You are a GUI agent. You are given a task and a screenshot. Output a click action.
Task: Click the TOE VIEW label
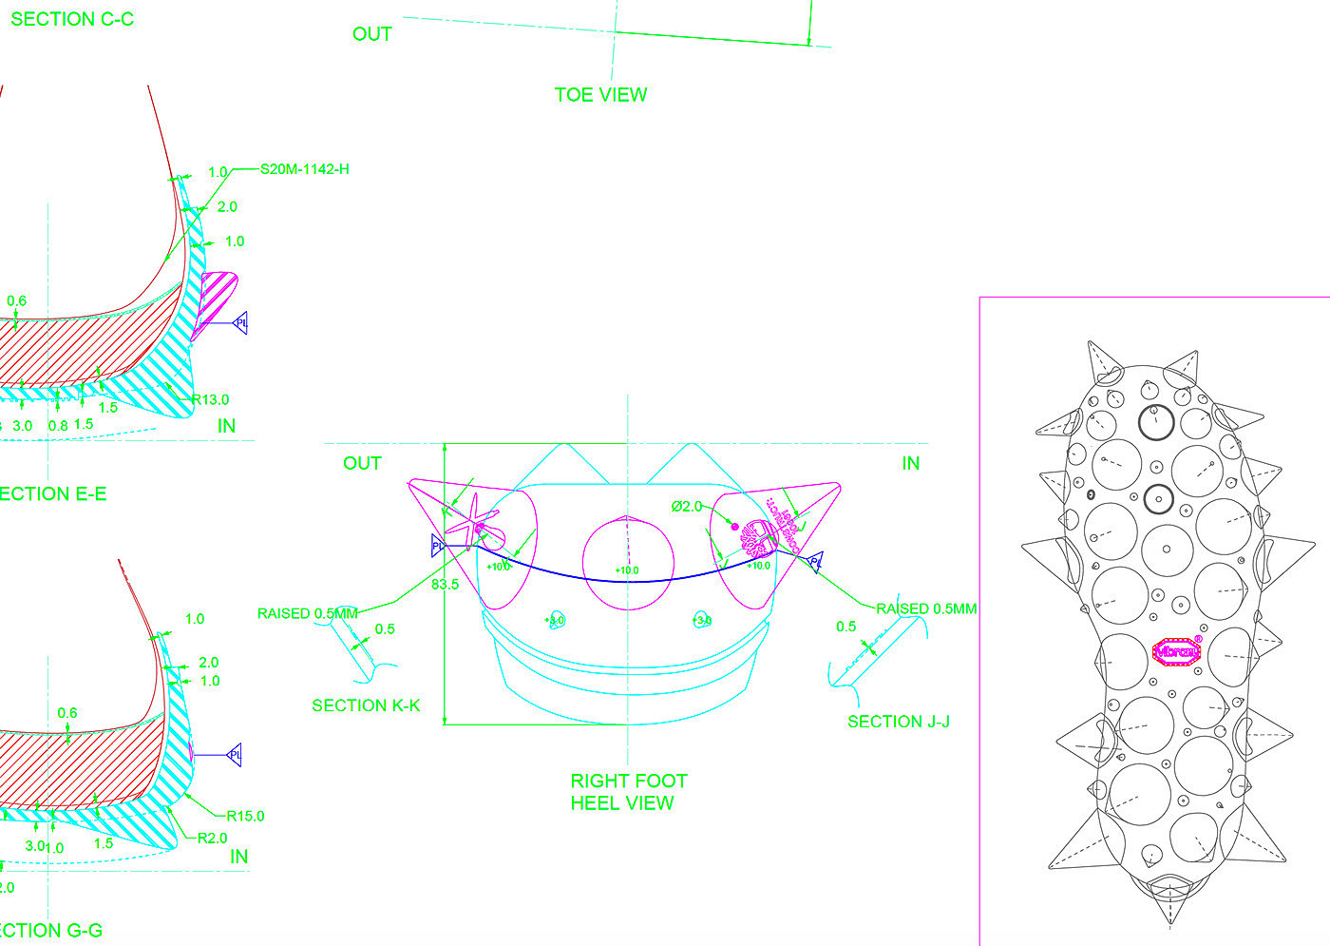pos(600,95)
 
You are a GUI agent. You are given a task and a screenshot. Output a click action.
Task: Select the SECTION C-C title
pos(71,19)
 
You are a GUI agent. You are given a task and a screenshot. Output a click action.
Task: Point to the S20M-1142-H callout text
pos(304,169)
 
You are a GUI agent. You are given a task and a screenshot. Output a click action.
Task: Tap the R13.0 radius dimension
pos(210,399)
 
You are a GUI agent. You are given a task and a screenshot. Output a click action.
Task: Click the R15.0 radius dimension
pos(245,816)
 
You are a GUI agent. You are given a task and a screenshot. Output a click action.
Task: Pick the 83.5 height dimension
pos(445,585)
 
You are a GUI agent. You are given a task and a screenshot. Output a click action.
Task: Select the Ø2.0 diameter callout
pos(686,507)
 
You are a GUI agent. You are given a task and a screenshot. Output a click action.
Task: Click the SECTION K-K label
pos(366,705)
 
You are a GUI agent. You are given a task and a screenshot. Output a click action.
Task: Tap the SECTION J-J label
pos(898,722)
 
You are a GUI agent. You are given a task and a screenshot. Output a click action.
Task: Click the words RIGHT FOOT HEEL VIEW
pos(627,792)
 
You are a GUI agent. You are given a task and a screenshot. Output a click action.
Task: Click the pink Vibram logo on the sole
pos(1177,651)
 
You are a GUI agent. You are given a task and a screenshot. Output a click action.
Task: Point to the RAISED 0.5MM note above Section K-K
pos(308,613)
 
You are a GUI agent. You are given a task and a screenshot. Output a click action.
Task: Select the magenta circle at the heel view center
pos(627,561)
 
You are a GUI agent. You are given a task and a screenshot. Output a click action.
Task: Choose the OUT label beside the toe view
pos(371,34)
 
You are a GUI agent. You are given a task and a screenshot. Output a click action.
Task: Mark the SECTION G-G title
pos(51,931)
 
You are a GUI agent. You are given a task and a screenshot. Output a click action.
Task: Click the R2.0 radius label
pos(212,839)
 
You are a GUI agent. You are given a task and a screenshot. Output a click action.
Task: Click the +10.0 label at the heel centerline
pos(627,570)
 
